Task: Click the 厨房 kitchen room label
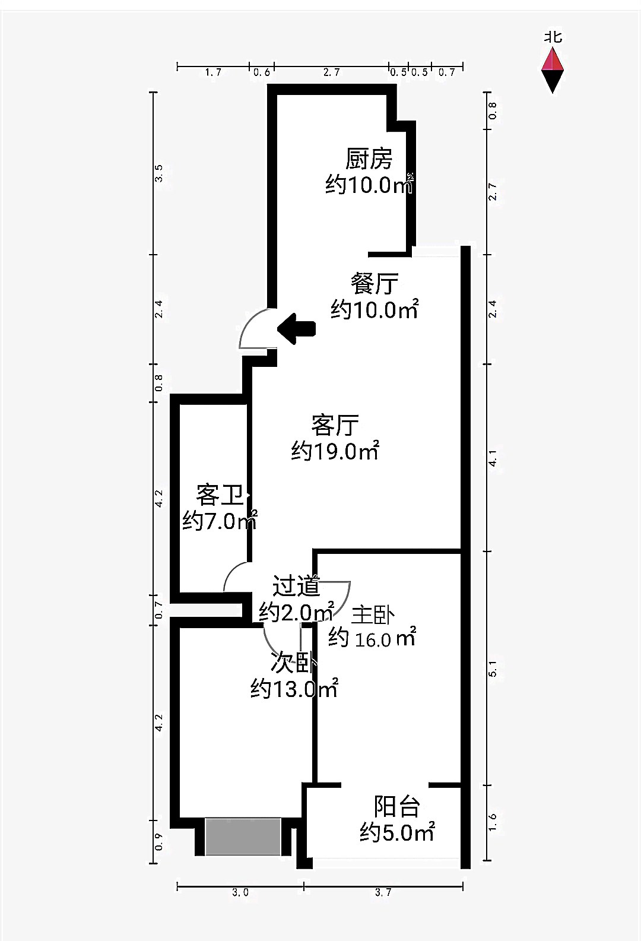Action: tap(369, 159)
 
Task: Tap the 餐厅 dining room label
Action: tap(374, 284)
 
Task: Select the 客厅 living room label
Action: tap(335, 425)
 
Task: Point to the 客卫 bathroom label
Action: tap(220, 495)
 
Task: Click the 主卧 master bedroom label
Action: tap(373, 615)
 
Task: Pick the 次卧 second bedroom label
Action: tap(293, 662)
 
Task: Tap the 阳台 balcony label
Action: tap(397, 806)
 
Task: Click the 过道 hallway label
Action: tap(296, 586)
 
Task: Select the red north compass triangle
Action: tap(553, 59)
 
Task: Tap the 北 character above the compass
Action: tap(553, 37)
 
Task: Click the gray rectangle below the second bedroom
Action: tap(243, 837)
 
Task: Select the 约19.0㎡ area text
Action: tap(335, 452)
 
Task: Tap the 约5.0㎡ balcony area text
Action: tap(397, 832)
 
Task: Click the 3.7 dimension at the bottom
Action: tap(383, 892)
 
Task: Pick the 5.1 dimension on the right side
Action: tap(493, 668)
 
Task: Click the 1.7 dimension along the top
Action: tap(213, 72)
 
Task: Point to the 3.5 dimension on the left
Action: tap(158, 173)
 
